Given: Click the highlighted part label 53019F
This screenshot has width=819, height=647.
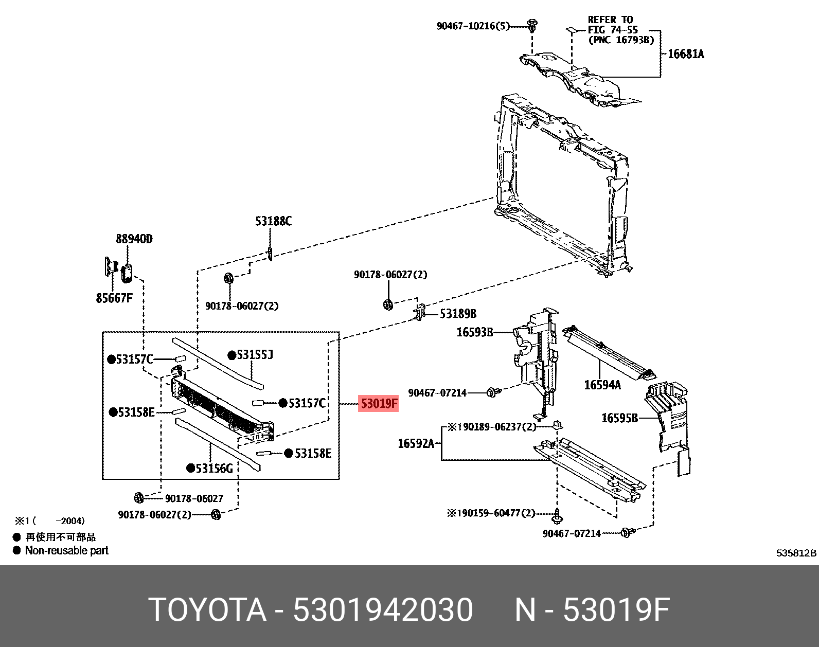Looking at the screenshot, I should coord(379,404).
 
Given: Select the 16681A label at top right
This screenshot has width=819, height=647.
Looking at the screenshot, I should coord(686,54).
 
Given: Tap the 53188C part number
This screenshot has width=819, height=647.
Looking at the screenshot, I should coord(273,222).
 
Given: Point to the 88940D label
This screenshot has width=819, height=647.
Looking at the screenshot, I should coord(134,239).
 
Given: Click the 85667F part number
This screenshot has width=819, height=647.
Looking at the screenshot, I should coord(114,298).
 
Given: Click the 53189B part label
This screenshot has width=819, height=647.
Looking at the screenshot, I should coord(458,314).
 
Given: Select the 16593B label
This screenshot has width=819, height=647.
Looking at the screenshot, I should coord(475,332).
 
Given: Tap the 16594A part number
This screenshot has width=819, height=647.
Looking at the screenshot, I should coord(602,385).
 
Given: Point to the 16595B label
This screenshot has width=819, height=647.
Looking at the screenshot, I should coord(619,418).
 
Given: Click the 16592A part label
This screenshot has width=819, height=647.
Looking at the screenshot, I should coord(416,443).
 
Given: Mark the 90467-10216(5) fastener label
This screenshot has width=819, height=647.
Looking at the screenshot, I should coord(473,26).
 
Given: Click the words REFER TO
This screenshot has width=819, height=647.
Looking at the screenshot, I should coord(610,20).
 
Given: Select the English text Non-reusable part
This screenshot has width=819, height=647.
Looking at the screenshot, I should coord(67,551).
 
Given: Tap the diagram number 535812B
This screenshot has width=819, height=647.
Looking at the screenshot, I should coord(796,553).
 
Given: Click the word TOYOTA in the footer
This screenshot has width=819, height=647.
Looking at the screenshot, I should coord(207,610).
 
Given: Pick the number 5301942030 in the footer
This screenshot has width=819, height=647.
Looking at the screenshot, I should coord(383,610).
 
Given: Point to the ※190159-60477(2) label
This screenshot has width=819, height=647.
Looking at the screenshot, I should coord(491,513).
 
